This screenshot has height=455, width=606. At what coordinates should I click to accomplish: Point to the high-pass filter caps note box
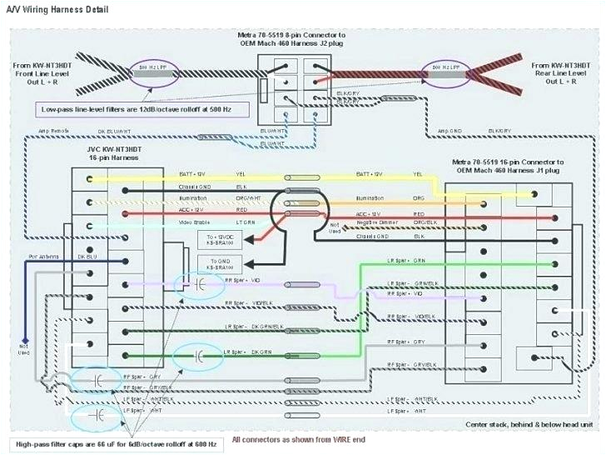click(x=116, y=443)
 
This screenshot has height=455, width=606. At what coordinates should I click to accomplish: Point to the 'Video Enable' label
click(x=195, y=223)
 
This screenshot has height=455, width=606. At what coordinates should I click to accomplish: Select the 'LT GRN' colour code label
click(x=246, y=223)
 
